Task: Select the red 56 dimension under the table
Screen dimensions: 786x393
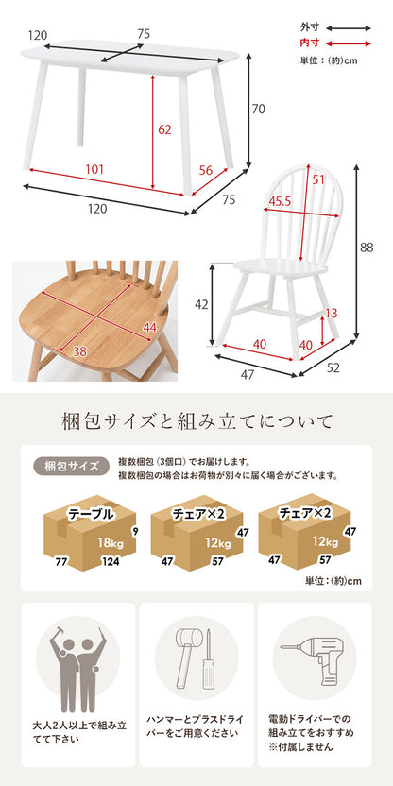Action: (x=205, y=170)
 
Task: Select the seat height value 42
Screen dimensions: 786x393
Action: (x=199, y=304)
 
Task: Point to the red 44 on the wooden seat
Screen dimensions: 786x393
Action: (x=148, y=327)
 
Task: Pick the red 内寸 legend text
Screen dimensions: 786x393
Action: (x=309, y=43)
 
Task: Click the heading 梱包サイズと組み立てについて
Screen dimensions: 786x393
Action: (x=196, y=419)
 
